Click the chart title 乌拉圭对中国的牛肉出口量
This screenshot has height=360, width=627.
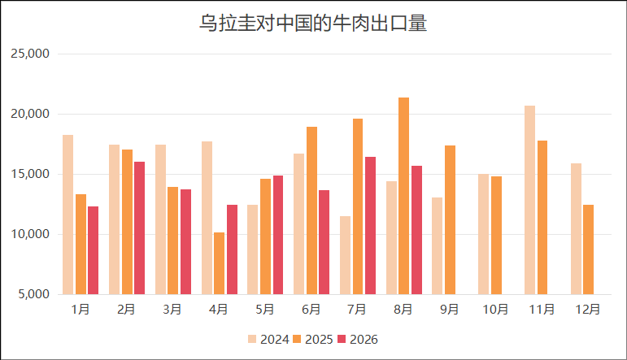tap(313, 23)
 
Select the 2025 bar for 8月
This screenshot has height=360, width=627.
tap(404, 196)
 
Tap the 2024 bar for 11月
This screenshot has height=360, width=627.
tap(530, 200)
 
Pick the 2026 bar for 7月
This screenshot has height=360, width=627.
tap(370, 225)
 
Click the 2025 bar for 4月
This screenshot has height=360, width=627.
tap(219, 263)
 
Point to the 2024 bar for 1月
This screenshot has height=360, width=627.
tap(68, 215)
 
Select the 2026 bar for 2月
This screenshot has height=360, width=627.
tap(140, 228)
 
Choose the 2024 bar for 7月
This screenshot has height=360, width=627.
tap(345, 255)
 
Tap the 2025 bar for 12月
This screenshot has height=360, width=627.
tap(588, 249)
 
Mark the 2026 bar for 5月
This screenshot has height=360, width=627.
tap(278, 235)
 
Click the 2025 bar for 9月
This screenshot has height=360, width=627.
tap(450, 219)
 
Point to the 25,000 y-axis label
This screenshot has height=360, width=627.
tap(30, 54)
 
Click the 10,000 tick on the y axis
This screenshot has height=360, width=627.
tap(30, 234)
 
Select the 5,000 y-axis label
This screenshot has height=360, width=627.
tap(33, 294)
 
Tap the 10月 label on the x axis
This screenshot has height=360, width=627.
tap(495, 310)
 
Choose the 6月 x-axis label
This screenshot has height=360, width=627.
tap(311, 310)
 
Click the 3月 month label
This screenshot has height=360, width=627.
tap(172, 310)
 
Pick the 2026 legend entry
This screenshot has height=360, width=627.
tap(358, 339)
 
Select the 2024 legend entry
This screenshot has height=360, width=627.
tap(268, 339)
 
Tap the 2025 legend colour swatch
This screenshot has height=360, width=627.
tap(297, 339)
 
